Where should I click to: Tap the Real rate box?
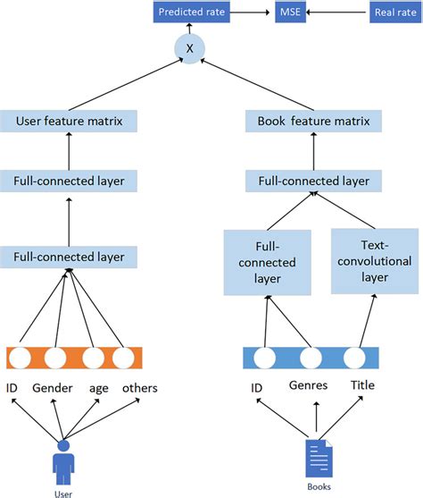pyautogui.click(x=392, y=13)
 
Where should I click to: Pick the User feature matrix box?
pyautogui.click(x=69, y=119)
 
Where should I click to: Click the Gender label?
pyautogui.click(x=52, y=388)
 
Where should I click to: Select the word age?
pyautogui.click(x=98, y=388)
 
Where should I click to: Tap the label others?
pyautogui.click(x=139, y=388)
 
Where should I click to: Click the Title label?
pyautogui.click(x=361, y=386)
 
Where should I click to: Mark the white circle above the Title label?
pyautogui.click(x=355, y=358)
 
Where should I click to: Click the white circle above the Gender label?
pyautogui.click(x=55, y=358)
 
